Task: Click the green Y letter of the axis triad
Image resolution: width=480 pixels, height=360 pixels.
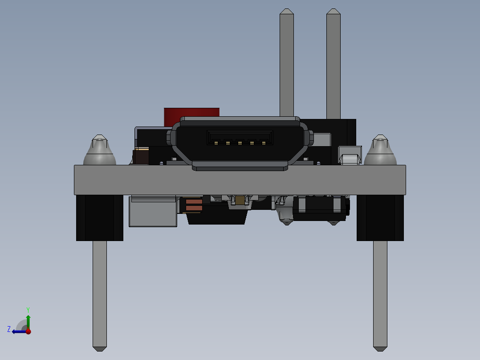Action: point(28,309)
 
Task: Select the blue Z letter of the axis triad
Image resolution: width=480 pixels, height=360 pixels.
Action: point(9,329)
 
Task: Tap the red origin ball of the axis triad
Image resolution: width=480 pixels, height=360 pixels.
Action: point(28,331)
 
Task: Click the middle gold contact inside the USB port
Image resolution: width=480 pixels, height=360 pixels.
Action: point(240,143)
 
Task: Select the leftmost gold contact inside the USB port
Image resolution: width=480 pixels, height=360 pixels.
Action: point(216,143)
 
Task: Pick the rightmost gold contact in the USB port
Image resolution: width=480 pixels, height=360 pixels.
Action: point(264,143)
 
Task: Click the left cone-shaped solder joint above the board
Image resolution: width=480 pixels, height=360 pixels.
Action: point(99,151)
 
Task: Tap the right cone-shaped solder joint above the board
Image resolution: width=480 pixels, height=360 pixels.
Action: point(380,151)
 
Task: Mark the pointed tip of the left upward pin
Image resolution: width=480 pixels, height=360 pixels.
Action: point(286,11)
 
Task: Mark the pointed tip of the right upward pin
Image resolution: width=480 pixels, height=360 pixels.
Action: point(333,11)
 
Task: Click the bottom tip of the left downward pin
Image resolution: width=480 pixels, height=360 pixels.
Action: point(100,348)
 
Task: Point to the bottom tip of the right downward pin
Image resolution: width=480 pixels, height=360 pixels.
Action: point(380,348)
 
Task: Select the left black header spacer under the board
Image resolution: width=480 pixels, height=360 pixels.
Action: point(99,218)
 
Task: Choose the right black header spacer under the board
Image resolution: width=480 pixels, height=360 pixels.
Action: point(380,218)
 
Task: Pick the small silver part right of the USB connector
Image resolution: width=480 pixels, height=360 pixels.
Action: point(350,157)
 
